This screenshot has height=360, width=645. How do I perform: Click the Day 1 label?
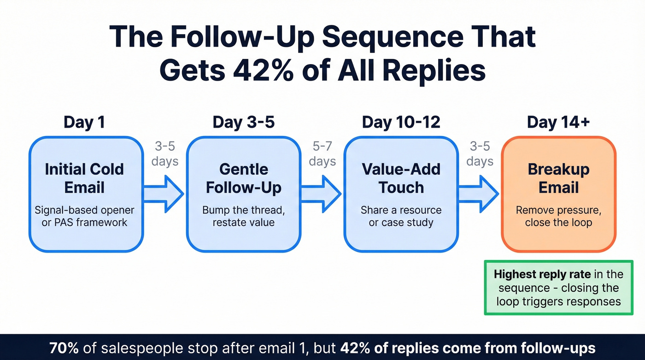pos(84,122)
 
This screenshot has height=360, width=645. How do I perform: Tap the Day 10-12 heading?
pos(401,122)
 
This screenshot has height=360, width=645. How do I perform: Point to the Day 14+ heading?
pos(558,122)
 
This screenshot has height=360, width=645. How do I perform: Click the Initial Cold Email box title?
pos(84,178)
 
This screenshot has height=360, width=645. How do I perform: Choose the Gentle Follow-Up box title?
pos(243,178)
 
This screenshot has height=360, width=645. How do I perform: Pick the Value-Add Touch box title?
pos(401,178)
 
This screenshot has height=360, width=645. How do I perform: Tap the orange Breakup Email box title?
pos(558,178)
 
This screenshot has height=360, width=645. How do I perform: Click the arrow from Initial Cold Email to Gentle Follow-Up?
pos(164,194)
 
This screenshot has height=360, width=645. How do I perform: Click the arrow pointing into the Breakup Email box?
pos(479,194)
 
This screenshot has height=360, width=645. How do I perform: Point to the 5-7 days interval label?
pos(322,154)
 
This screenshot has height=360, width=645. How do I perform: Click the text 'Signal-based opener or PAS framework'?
pos(84,216)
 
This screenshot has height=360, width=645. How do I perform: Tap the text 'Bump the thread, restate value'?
pos(243,216)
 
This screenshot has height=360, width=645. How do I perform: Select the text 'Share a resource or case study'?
pos(401,216)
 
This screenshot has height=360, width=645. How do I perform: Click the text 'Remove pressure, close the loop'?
pos(558,216)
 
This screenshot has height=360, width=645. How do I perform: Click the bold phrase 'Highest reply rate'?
pos(542,274)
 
